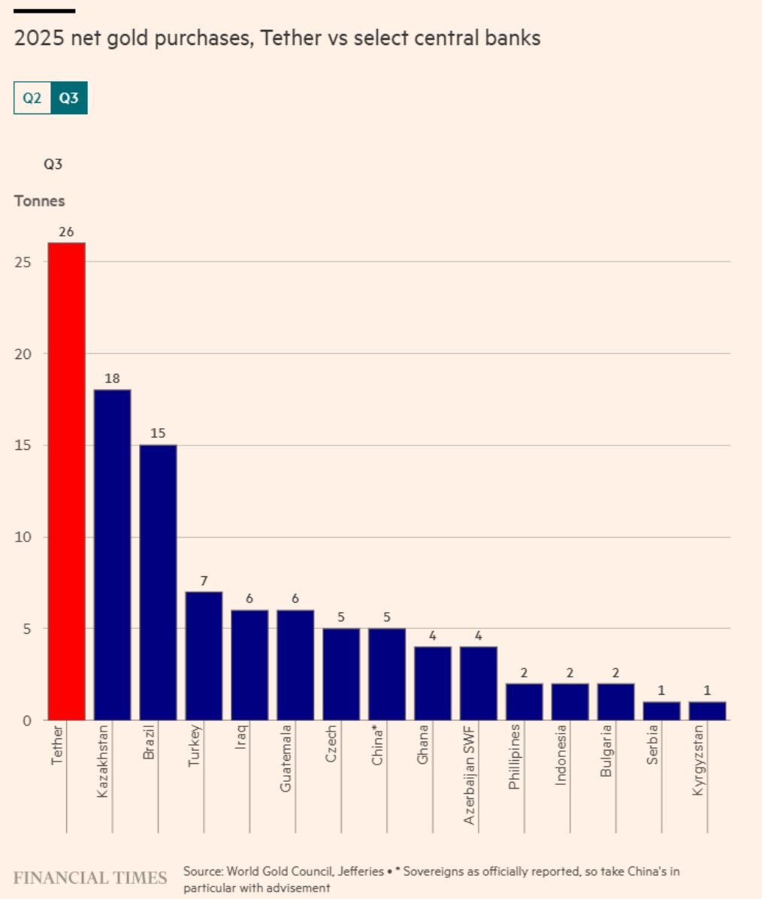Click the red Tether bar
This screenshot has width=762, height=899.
[66, 481]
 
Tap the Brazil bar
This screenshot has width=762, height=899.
[158, 582]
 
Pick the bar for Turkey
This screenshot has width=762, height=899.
[204, 656]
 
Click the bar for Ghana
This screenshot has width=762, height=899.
[433, 683]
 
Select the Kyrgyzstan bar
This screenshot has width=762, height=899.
[707, 710]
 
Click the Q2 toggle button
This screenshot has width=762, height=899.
[32, 98]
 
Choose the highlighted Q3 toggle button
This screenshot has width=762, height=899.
[69, 98]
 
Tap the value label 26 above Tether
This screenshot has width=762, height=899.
[66, 232]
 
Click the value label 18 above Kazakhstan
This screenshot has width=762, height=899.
[112, 379]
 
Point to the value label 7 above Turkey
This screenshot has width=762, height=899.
[204, 581]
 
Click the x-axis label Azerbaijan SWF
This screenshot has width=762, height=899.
[470, 774]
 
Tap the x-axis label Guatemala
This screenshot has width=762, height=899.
[286, 758]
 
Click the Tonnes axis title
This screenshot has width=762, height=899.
[39, 201]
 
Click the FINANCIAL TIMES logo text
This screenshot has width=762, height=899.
[90, 878]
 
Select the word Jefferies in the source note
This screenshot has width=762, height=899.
[361, 872]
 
